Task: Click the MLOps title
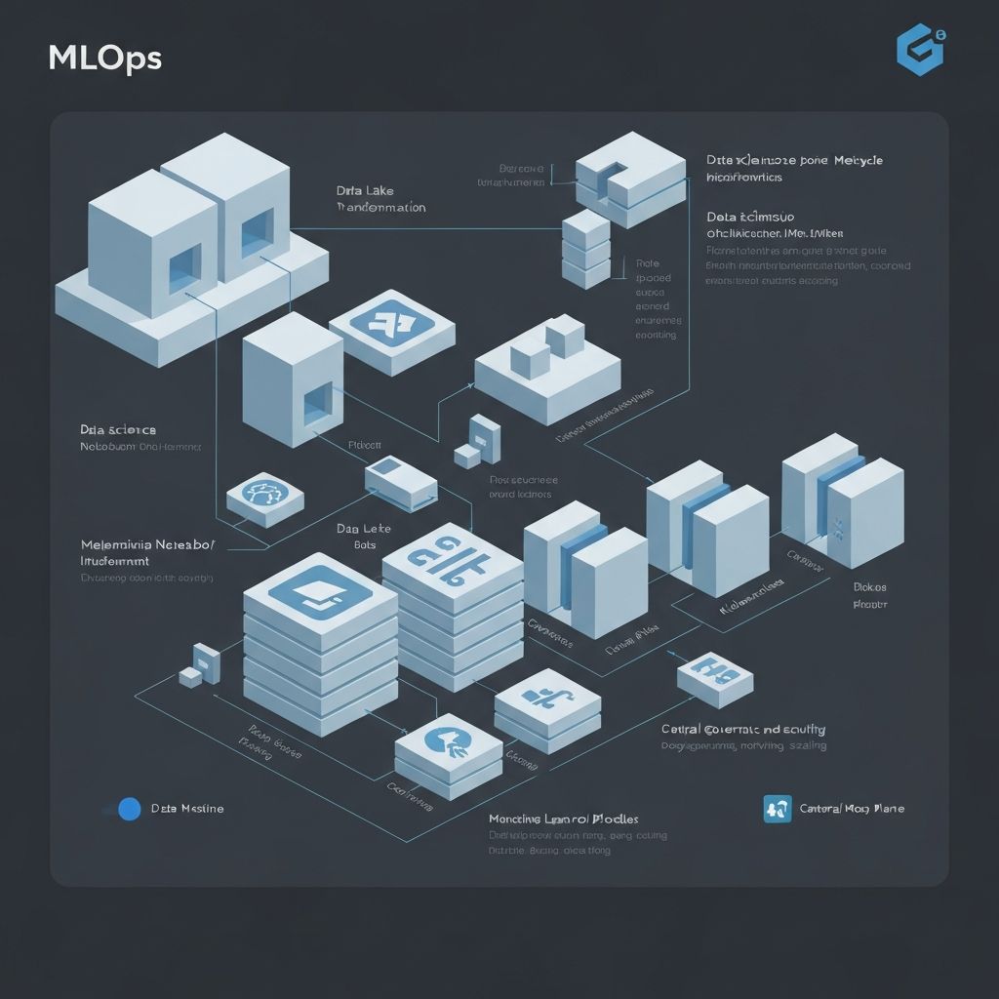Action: click(104, 58)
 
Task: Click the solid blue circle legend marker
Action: click(129, 809)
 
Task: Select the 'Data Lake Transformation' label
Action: click(380, 199)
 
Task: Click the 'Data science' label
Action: click(118, 429)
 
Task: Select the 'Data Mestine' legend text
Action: click(187, 809)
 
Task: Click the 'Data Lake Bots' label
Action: click(363, 536)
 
